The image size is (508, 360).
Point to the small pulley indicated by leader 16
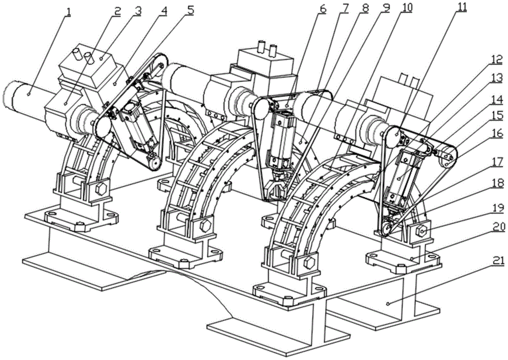point(447,158)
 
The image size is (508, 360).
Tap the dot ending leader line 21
point(388,303)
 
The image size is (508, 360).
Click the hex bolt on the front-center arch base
point(308,263)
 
